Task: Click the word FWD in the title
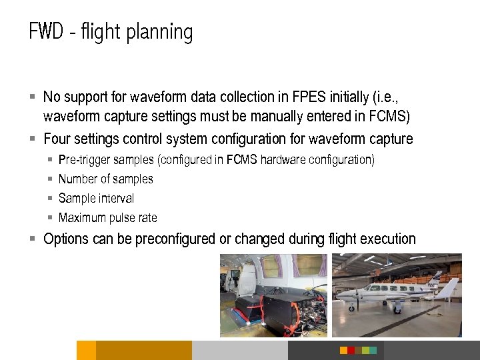(x=45, y=32)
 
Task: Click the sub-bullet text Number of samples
(x=105, y=179)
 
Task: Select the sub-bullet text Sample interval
(x=96, y=199)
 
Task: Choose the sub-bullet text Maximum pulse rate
(x=107, y=218)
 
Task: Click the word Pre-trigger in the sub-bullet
(x=84, y=160)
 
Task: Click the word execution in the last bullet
(x=388, y=239)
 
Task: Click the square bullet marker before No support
(x=33, y=97)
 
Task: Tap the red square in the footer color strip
(x=344, y=350)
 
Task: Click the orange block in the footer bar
(x=86, y=350)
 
